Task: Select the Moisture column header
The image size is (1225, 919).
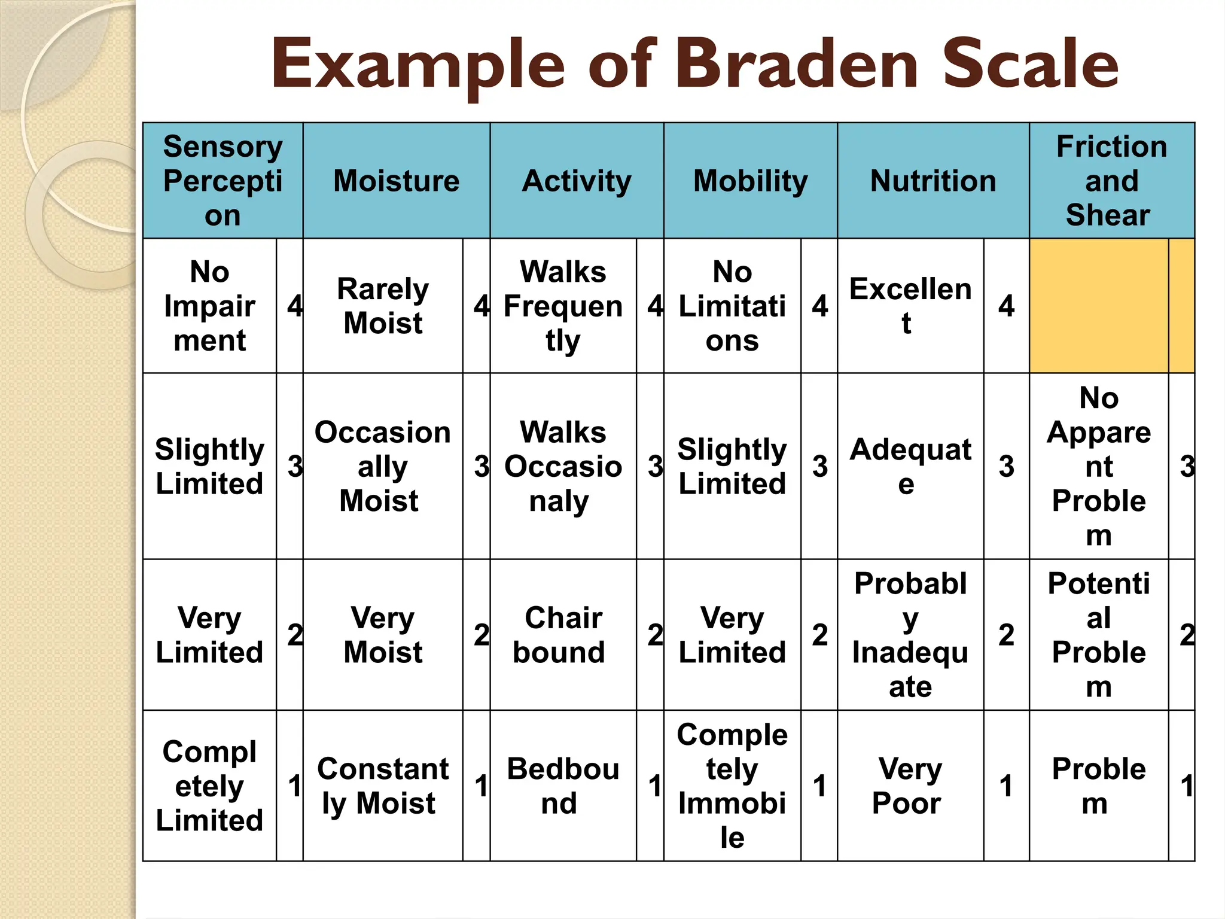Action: [396, 181]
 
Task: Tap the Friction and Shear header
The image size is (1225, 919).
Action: [1111, 181]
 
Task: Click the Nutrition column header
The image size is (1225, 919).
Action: [933, 181]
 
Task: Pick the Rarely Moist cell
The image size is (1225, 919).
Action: [383, 306]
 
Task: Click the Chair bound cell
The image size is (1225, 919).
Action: [562, 635]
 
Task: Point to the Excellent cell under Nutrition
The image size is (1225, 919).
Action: [910, 306]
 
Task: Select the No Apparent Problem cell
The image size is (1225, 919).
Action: [1098, 466]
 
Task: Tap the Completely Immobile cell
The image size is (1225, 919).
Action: [732, 786]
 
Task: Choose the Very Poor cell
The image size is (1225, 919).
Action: [910, 786]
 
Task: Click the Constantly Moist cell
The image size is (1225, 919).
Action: [383, 786]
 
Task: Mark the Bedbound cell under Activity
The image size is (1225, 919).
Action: [562, 786]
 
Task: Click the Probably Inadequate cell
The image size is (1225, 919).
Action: [910, 635]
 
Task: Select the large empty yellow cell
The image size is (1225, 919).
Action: [1098, 306]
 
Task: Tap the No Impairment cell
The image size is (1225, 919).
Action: [209, 306]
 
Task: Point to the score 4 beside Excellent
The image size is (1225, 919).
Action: [1006, 306]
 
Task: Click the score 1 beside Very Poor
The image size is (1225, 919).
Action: [1006, 786]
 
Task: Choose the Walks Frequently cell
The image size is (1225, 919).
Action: [562, 306]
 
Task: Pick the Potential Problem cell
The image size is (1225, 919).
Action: [1098, 635]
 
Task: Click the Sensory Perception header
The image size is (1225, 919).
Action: [223, 181]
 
